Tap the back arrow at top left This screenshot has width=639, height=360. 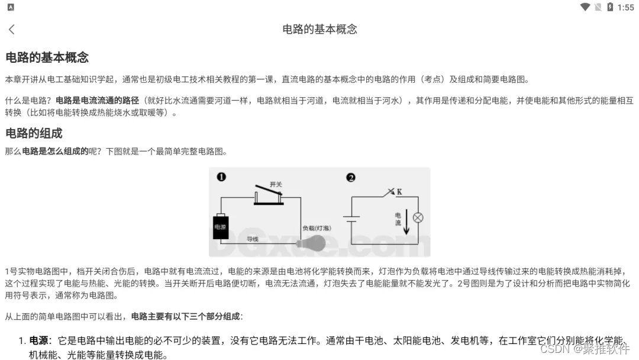12,29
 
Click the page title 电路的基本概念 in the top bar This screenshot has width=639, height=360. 319,29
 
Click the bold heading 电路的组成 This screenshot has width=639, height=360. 34,133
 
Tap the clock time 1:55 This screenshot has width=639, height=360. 625,7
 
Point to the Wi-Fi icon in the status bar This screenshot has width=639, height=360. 585,7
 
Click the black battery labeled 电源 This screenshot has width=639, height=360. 221,227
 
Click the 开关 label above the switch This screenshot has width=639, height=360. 276,185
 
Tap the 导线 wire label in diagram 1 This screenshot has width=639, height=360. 253,239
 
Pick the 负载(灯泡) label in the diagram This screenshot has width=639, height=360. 317,228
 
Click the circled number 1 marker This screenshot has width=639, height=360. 221,177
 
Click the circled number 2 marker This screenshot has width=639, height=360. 350,177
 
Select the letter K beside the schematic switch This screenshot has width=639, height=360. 399,191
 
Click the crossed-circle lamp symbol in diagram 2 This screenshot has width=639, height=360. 418,217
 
